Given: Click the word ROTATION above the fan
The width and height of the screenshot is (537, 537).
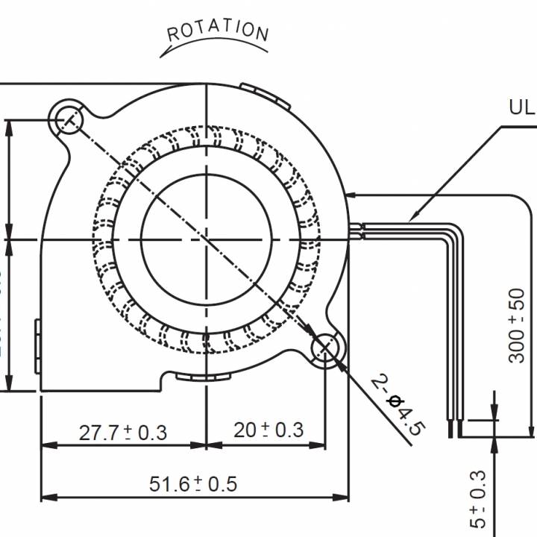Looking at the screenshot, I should [x=217, y=31].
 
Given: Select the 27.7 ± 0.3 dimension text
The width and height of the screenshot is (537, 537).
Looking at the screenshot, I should [x=123, y=431].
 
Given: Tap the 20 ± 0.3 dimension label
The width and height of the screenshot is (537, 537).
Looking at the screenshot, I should [x=268, y=430].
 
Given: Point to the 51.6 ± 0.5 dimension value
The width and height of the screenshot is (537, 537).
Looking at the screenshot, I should [x=193, y=484].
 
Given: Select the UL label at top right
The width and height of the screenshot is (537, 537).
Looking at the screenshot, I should [x=521, y=107].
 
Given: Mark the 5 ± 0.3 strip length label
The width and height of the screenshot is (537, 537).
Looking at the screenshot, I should [x=478, y=499].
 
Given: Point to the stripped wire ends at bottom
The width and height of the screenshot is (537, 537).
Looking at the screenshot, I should [x=453, y=429].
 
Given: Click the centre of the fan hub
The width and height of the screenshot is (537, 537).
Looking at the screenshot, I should [x=205, y=239].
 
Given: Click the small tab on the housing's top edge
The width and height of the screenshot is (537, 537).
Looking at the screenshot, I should [x=264, y=93].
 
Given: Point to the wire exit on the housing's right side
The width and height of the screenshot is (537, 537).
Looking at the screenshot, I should [x=354, y=231].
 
